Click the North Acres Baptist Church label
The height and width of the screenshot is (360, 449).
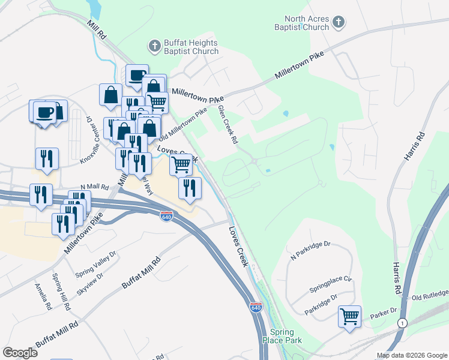click(x=307, y=23)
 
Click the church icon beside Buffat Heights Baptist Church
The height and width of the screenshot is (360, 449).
click(x=154, y=46)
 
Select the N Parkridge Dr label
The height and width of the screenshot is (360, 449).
click(x=310, y=249)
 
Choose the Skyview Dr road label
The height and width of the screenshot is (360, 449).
click(x=90, y=283)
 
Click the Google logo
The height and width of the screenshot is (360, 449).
click(x=20, y=353)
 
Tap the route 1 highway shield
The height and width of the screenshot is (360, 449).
click(x=402, y=323)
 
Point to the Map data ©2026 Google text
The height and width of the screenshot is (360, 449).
click(x=412, y=355)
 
